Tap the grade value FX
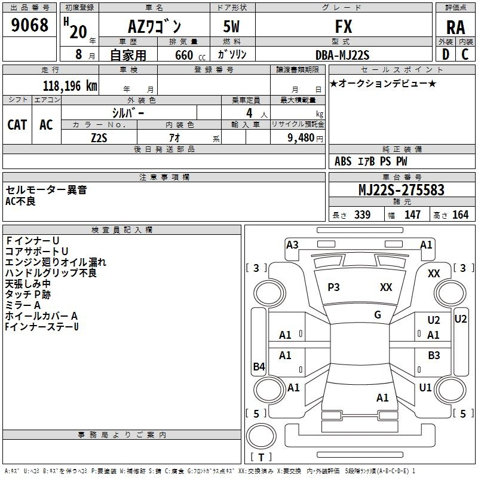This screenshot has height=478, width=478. (343, 26)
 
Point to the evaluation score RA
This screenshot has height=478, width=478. (455, 27)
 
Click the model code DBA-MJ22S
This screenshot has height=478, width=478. (342, 55)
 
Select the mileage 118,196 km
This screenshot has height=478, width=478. (70, 85)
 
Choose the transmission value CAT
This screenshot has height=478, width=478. (17, 124)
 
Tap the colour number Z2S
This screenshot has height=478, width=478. (99, 137)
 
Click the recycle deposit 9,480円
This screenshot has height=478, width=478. (305, 137)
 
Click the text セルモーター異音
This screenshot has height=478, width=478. (46, 190)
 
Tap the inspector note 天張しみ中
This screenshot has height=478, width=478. (28, 284)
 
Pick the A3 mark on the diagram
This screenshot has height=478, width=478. (292, 244)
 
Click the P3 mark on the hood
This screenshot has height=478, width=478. (333, 287)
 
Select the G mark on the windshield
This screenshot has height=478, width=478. (378, 315)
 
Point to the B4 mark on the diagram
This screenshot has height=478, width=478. (259, 367)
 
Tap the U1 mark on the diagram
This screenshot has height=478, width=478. (425, 387)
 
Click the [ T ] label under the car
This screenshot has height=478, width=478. (261, 457)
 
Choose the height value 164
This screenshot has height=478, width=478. (460, 215)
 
